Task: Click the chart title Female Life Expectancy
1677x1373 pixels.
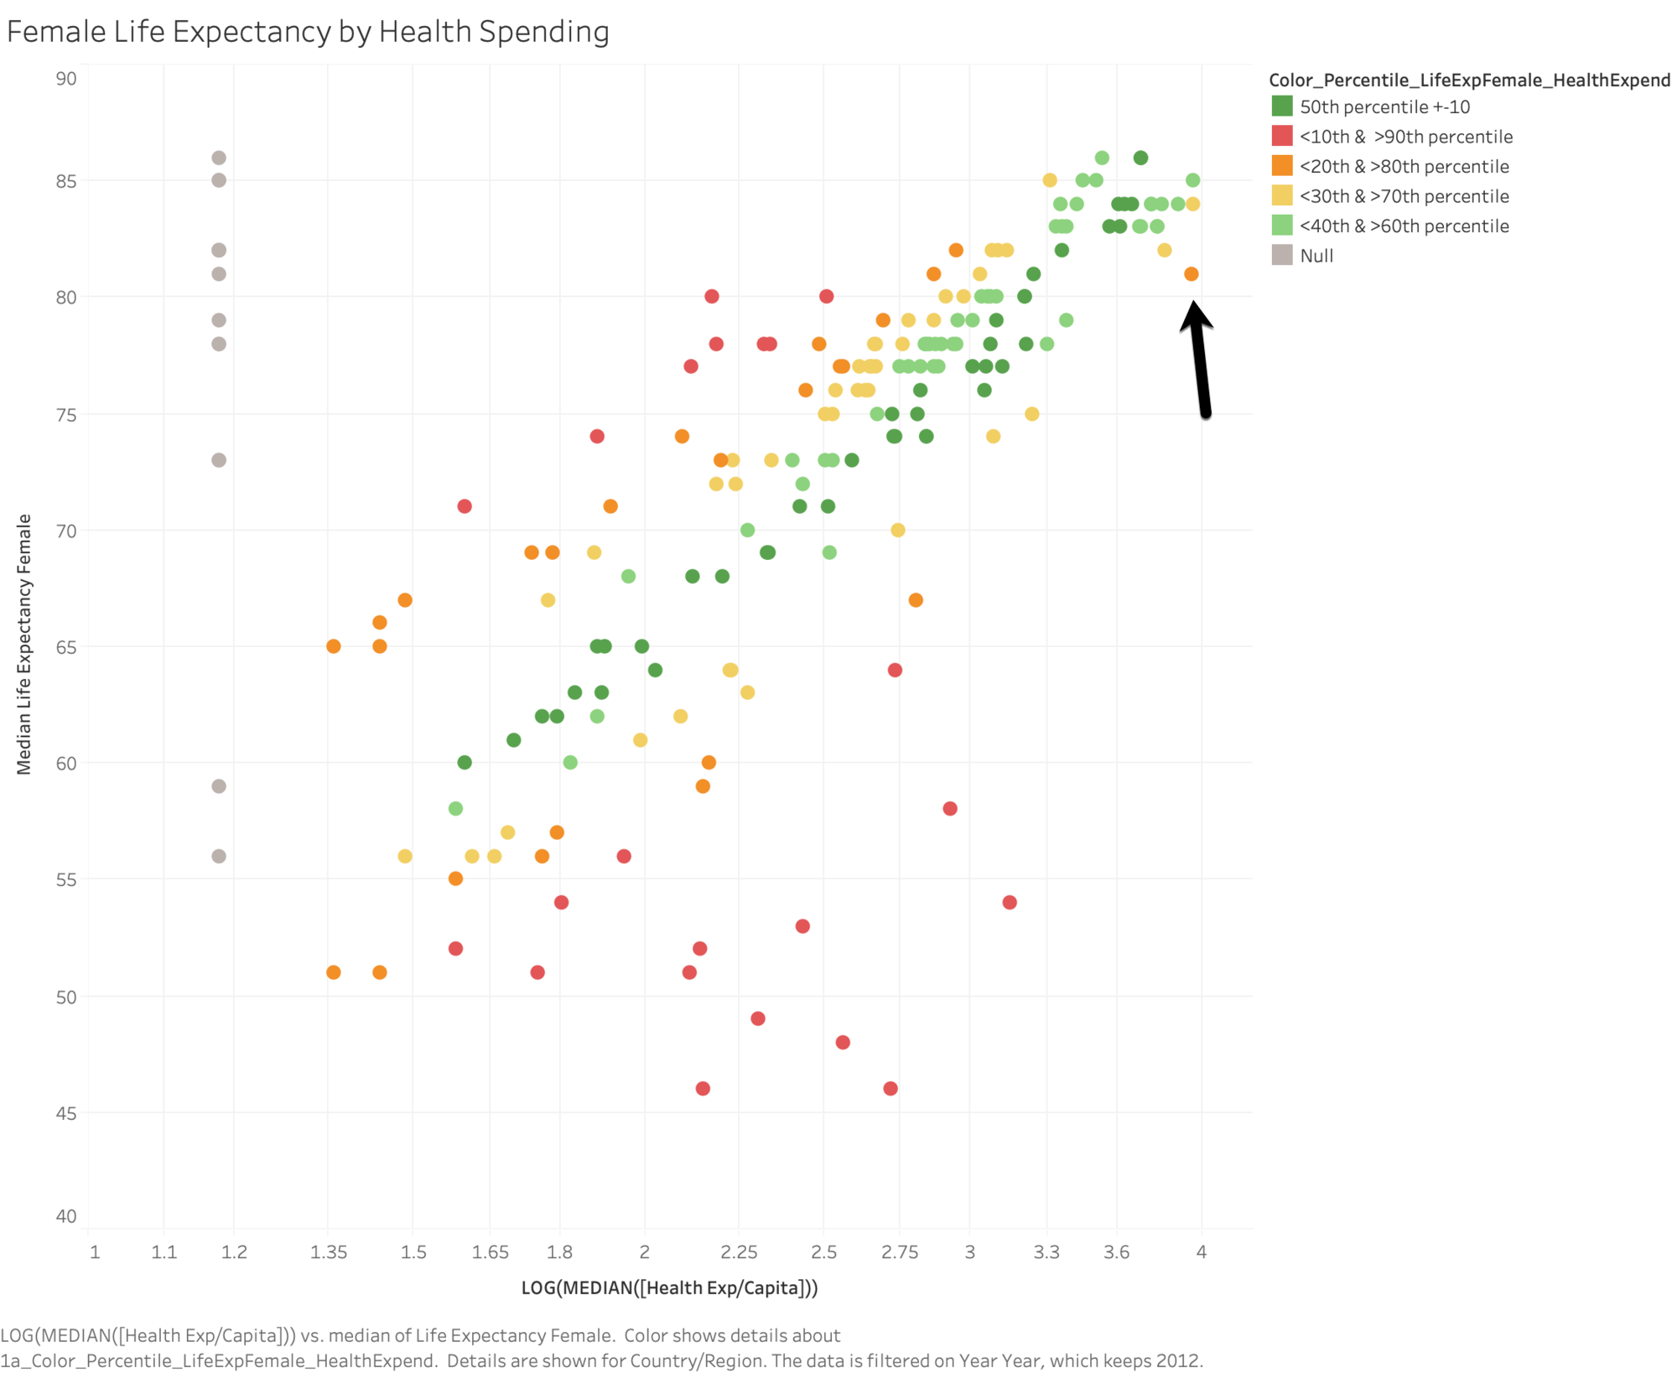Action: (x=307, y=32)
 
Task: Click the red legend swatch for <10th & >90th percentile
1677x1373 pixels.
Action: (x=1281, y=136)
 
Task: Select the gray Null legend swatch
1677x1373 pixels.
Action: (x=1281, y=255)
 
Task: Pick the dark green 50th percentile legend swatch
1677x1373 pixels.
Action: (x=1281, y=106)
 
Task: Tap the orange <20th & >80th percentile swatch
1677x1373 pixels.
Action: (x=1281, y=166)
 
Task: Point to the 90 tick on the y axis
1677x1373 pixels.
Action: (x=66, y=79)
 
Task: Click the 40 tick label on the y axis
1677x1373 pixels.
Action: (x=66, y=1215)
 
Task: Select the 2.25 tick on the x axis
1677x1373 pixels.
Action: (x=739, y=1251)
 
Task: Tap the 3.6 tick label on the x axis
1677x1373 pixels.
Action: (x=1116, y=1251)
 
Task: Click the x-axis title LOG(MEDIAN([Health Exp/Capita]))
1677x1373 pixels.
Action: (x=669, y=1288)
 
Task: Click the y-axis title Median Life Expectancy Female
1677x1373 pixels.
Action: (x=23, y=644)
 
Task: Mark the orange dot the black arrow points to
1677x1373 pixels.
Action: (x=1191, y=274)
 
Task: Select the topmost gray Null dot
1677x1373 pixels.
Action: (x=219, y=158)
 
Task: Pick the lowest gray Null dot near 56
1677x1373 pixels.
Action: (x=219, y=856)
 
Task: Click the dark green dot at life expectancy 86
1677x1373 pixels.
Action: (x=1140, y=158)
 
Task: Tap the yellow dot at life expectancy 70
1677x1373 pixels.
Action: (x=897, y=530)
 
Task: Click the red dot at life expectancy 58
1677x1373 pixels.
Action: (x=949, y=808)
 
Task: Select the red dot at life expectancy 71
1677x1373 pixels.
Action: (x=465, y=506)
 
